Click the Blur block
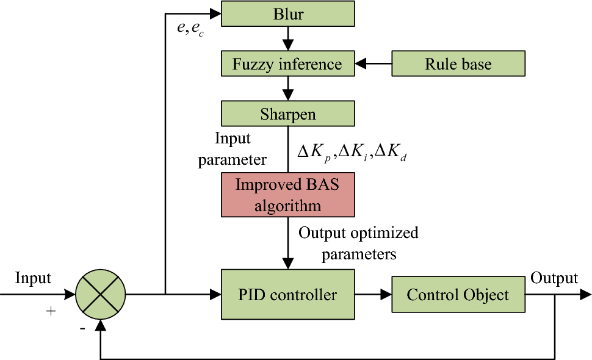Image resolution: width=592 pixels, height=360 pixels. [287, 13]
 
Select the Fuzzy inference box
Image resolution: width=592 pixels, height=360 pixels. [287, 64]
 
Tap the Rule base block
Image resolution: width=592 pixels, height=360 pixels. [458, 64]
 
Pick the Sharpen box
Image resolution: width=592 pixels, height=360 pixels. [287, 114]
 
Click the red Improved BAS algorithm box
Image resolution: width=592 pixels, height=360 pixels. [287, 195]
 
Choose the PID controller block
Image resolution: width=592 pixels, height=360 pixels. [287, 295]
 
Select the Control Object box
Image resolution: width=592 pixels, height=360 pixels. [458, 295]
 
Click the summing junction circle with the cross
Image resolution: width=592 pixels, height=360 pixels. [100, 295]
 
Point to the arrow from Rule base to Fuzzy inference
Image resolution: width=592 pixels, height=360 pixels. [374, 63]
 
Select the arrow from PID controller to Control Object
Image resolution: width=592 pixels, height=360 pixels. [374, 295]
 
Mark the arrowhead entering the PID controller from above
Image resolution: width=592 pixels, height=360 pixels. [287, 262]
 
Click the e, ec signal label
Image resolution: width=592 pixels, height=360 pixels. [190, 29]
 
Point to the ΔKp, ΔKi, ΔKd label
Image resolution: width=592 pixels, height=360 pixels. [352, 153]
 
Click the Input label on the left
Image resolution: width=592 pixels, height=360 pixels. [33, 278]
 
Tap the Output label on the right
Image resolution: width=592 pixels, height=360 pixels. [554, 278]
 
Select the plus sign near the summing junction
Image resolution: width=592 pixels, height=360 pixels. [51, 311]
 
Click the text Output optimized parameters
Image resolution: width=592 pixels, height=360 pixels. [358, 243]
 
